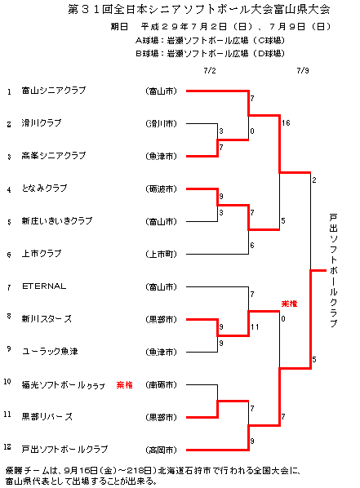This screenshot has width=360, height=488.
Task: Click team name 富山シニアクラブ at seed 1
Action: [x=54, y=91]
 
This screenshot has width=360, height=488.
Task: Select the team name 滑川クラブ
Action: [x=42, y=123]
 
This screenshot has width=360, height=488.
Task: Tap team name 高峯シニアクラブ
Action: [x=54, y=156]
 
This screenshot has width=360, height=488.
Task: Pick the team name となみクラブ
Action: [x=44, y=189]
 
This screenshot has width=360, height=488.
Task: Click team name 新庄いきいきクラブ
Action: [x=57, y=221]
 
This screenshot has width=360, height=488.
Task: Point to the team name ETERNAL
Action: [x=44, y=286]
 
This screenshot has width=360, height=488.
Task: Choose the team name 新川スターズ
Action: [x=47, y=319]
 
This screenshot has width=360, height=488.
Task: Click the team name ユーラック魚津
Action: [x=50, y=352]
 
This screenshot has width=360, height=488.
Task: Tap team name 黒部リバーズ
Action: [x=47, y=417]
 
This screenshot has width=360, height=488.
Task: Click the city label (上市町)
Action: [x=161, y=255]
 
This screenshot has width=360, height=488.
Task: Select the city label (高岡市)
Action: [x=161, y=450]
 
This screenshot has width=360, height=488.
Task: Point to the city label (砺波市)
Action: [x=161, y=189]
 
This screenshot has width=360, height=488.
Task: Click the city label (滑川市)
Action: [x=161, y=123]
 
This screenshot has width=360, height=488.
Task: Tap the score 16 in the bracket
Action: [x=286, y=123]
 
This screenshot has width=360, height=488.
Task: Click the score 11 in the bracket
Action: [x=255, y=326]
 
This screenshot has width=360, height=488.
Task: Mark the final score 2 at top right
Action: [x=314, y=180]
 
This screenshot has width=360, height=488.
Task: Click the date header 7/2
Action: [x=210, y=71]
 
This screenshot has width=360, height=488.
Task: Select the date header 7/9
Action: [x=303, y=71]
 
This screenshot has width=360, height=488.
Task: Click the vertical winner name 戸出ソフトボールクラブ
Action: [x=333, y=270]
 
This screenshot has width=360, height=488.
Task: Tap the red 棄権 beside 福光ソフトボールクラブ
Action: [x=125, y=385]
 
